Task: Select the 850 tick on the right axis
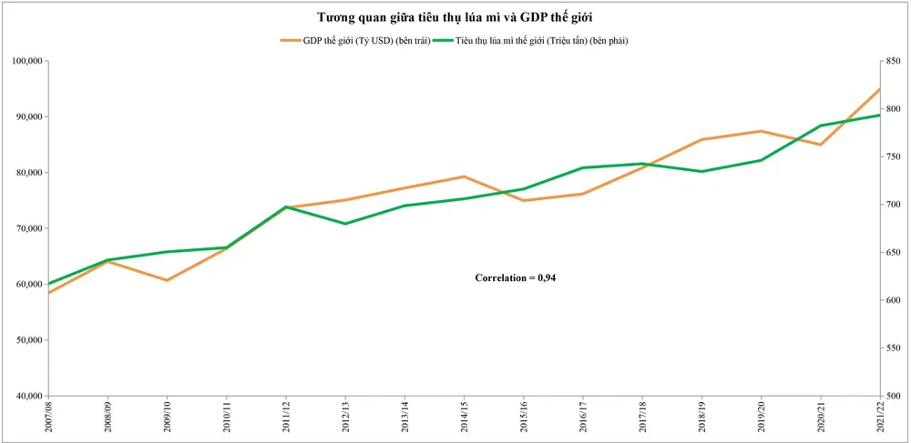[x=893, y=61]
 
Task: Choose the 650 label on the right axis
[x=893, y=252]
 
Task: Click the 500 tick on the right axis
[x=893, y=396]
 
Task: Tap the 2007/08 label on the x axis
[x=48, y=420]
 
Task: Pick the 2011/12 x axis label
[x=286, y=420]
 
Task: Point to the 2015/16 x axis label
[x=524, y=420]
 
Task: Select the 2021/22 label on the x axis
[x=880, y=420]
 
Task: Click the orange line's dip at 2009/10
[x=167, y=280]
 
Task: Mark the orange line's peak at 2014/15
[x=464, y=176]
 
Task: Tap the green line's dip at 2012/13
[x=345, y=224]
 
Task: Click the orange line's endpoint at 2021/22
[x=879, y=89]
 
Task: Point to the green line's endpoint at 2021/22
[x=879, y=115]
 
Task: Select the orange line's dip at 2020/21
[x=821, y=145]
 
